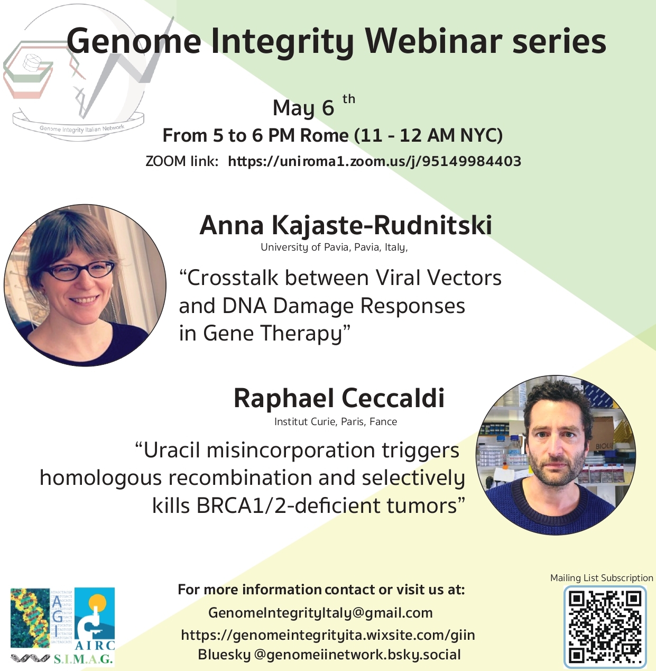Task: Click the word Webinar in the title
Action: [433, 41]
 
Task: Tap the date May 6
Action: [303, 107]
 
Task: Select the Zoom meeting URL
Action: [374, 161]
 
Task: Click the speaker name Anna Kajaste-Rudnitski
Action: [345, 226]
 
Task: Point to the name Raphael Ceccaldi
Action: [339, 398]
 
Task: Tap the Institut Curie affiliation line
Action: [336, 421]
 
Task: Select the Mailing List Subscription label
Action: [602, 578]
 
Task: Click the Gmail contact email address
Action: [320, 613]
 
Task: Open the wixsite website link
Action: [328, 635]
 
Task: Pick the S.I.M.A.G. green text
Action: [83, 659]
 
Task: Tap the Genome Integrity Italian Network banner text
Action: [82, 128]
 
